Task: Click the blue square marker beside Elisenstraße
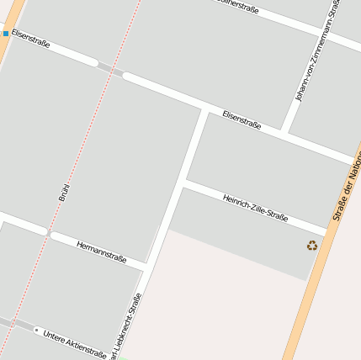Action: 6,34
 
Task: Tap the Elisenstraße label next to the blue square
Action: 31,39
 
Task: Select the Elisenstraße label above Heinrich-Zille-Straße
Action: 242,120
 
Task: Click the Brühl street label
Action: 64,191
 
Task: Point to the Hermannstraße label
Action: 101,251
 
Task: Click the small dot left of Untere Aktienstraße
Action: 36,331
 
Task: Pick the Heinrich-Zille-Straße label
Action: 255,208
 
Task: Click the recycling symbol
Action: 312,246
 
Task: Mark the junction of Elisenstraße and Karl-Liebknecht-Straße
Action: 204,109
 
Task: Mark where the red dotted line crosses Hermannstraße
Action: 48,232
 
